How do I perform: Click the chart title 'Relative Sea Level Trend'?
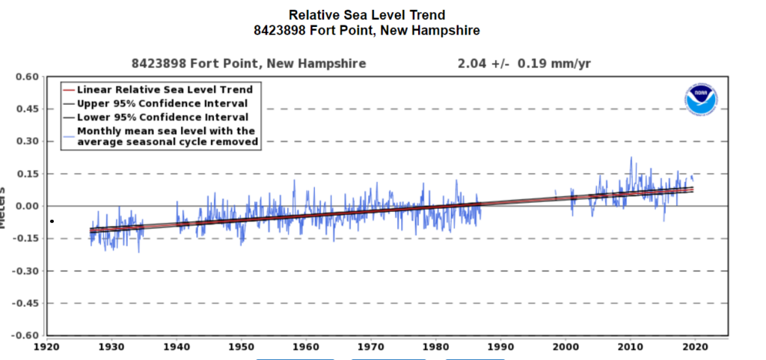pos(367,15)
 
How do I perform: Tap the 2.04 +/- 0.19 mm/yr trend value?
pos(524,64)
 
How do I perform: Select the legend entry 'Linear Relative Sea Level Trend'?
pos(165,90)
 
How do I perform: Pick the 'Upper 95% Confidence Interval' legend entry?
pos(162,103)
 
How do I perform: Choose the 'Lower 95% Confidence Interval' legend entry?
pos(162,117)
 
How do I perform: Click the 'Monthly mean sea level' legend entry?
pos(167,135)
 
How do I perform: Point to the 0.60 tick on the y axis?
pos(26,76)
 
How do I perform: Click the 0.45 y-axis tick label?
pos(26,109)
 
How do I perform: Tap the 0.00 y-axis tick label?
pos(26,206)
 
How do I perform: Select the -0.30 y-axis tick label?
pos(25,271)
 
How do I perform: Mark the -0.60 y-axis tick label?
pos(25,335)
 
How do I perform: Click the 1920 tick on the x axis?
pos(46,347)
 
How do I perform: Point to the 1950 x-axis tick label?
pos(241,347)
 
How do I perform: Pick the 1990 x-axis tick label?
pos(500,347)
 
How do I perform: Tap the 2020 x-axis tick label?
pos(695,347)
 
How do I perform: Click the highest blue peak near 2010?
pos(631,158)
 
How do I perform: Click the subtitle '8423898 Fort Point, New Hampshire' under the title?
pos(367,31)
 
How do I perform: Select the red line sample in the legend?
pos(68,90)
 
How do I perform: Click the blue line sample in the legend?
pos(68,135)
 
